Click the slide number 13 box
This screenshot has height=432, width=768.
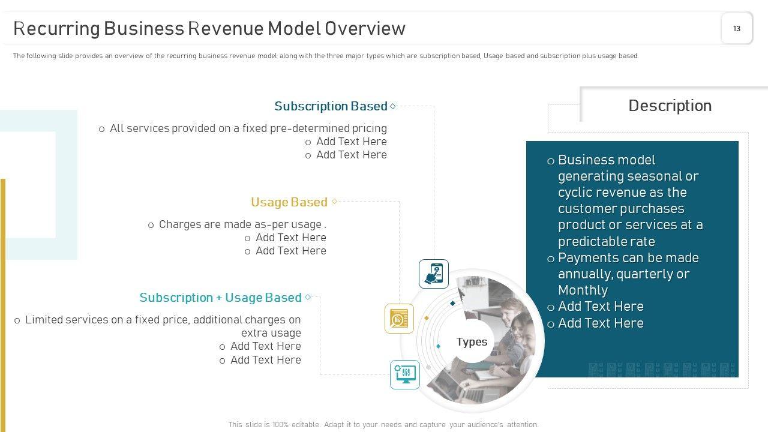(736, 28)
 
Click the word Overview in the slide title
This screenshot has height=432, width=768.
(365, 28)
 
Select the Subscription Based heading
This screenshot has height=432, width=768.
(331, 106)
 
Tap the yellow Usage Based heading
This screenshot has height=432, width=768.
(289, 202)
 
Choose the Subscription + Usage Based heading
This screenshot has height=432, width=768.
(220, 298)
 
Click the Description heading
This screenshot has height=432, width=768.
(670, 106)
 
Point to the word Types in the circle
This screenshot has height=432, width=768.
(472, 341)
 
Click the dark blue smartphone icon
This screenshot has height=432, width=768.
(434, 274)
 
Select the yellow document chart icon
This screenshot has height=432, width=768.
(399, 318)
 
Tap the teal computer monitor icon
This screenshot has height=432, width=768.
(405, 374)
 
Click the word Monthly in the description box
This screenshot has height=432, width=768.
(583, 290)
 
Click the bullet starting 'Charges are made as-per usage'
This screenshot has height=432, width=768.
(242, 224)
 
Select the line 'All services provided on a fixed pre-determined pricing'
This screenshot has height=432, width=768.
(248, 128)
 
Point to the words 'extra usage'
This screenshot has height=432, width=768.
(271, 333)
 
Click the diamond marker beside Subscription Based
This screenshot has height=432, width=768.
(393, 106)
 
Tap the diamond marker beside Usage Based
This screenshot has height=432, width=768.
(335, 202)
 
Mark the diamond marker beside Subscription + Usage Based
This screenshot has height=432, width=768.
(308, 297)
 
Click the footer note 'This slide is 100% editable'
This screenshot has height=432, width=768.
(383, 424)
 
